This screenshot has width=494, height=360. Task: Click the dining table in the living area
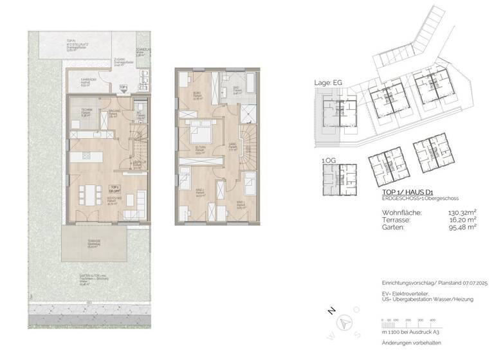[88, 194]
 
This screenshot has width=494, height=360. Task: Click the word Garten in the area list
[378, 226]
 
